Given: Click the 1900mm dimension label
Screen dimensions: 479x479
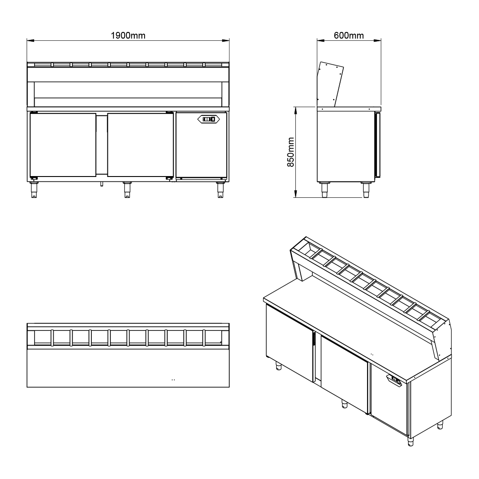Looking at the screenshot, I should click(128, 35).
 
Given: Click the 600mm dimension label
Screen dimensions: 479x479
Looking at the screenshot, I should click(349, 35).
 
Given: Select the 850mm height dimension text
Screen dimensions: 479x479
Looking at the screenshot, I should click(291, 152).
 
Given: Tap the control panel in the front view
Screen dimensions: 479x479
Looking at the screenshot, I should click(208, 119).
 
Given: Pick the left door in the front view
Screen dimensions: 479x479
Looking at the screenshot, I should click(63, 145).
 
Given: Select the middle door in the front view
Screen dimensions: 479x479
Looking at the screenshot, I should click(140, 145).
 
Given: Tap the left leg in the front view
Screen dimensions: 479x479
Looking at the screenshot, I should click(34, 189).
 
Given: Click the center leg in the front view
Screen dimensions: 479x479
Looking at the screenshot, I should click(127, 189).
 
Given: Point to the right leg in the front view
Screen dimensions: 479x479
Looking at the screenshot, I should click(220, 189).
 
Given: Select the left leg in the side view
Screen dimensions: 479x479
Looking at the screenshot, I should click(325, 189).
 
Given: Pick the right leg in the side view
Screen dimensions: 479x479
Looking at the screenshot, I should click(366, 189).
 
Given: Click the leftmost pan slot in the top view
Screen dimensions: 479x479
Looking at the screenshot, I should click(43, 338).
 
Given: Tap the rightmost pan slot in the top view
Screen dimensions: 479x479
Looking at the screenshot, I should click(213, 338).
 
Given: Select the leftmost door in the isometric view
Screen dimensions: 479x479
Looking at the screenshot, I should click(288, 341).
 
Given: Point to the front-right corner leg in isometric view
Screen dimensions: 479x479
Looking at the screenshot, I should click(410, 441).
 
